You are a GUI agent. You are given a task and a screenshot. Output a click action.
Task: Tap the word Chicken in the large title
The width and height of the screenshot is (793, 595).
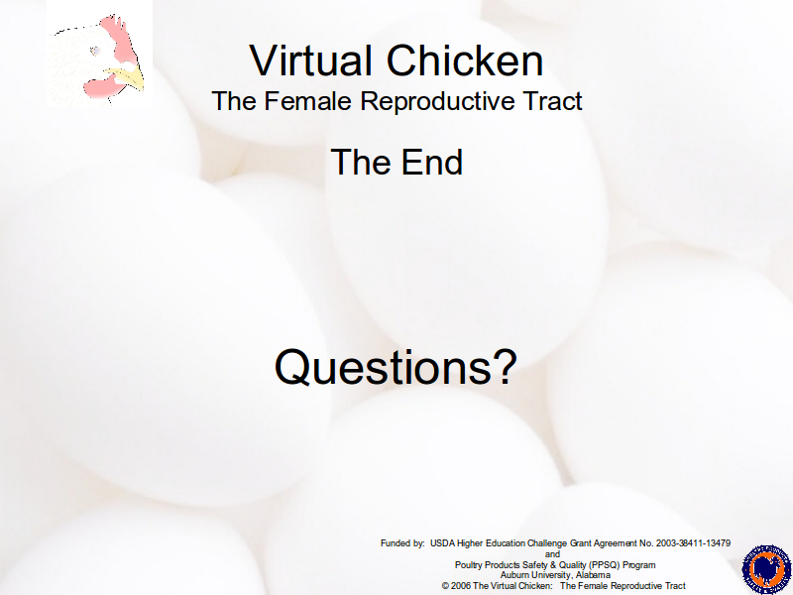tap(465, 60)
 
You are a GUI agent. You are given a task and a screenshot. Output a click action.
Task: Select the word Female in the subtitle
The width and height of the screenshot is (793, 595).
tap(307, 100)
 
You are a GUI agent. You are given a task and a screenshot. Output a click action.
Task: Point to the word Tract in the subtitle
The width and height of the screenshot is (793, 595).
tap(553, 100)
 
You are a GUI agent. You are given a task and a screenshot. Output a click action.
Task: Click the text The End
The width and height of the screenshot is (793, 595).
tap(397, 162)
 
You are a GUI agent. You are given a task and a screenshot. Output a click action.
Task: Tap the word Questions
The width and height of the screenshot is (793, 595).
tap(383, 367)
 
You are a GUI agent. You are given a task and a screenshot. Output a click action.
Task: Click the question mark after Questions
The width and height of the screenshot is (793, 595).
tap(506, 366)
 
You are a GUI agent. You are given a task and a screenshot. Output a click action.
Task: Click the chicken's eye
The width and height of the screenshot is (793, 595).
tap(95, 51)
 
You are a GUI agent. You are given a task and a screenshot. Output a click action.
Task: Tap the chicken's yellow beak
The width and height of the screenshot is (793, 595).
tap(128, 78)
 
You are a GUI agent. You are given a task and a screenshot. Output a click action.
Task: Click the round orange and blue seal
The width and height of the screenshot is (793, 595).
tap(766, 569)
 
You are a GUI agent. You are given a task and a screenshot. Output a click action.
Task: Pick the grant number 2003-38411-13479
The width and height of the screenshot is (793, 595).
tap(693, 543)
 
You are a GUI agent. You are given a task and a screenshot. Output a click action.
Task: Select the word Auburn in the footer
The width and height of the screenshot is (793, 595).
tap(513, 575)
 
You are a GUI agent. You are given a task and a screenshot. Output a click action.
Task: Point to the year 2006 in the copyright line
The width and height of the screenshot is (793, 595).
tap(461, 586)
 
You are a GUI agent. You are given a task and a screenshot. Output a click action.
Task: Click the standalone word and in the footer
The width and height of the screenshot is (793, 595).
tap(552, 554)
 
